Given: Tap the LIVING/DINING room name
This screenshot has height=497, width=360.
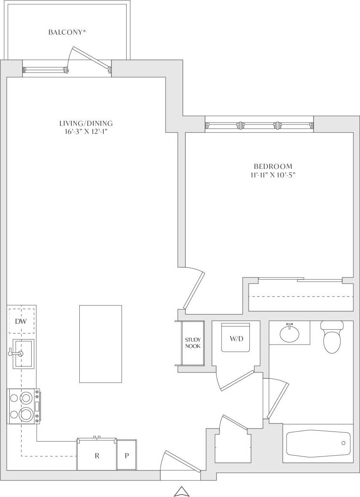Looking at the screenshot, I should (86, 124).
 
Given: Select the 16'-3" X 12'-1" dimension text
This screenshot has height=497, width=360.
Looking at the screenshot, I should (86, 132).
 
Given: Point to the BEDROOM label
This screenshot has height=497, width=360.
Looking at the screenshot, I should (273, 166).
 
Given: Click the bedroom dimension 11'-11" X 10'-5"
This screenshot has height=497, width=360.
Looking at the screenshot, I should (273, 175).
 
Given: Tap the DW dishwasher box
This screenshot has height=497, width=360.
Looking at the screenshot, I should (21, 322).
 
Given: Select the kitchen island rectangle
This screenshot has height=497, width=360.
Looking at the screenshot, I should (100, 344).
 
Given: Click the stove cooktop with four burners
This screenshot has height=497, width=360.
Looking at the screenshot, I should (24, 406).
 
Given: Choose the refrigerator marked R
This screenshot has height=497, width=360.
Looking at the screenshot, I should (97, 456).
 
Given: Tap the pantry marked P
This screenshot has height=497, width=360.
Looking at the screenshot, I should (127, 456).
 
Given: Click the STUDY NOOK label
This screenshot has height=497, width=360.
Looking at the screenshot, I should (192, 343).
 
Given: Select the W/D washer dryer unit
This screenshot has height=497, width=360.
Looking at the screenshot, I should (236, 338).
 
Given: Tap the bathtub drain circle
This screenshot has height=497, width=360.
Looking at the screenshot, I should (343, 443).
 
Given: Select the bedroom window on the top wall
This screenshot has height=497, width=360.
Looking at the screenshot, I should (259, 125).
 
